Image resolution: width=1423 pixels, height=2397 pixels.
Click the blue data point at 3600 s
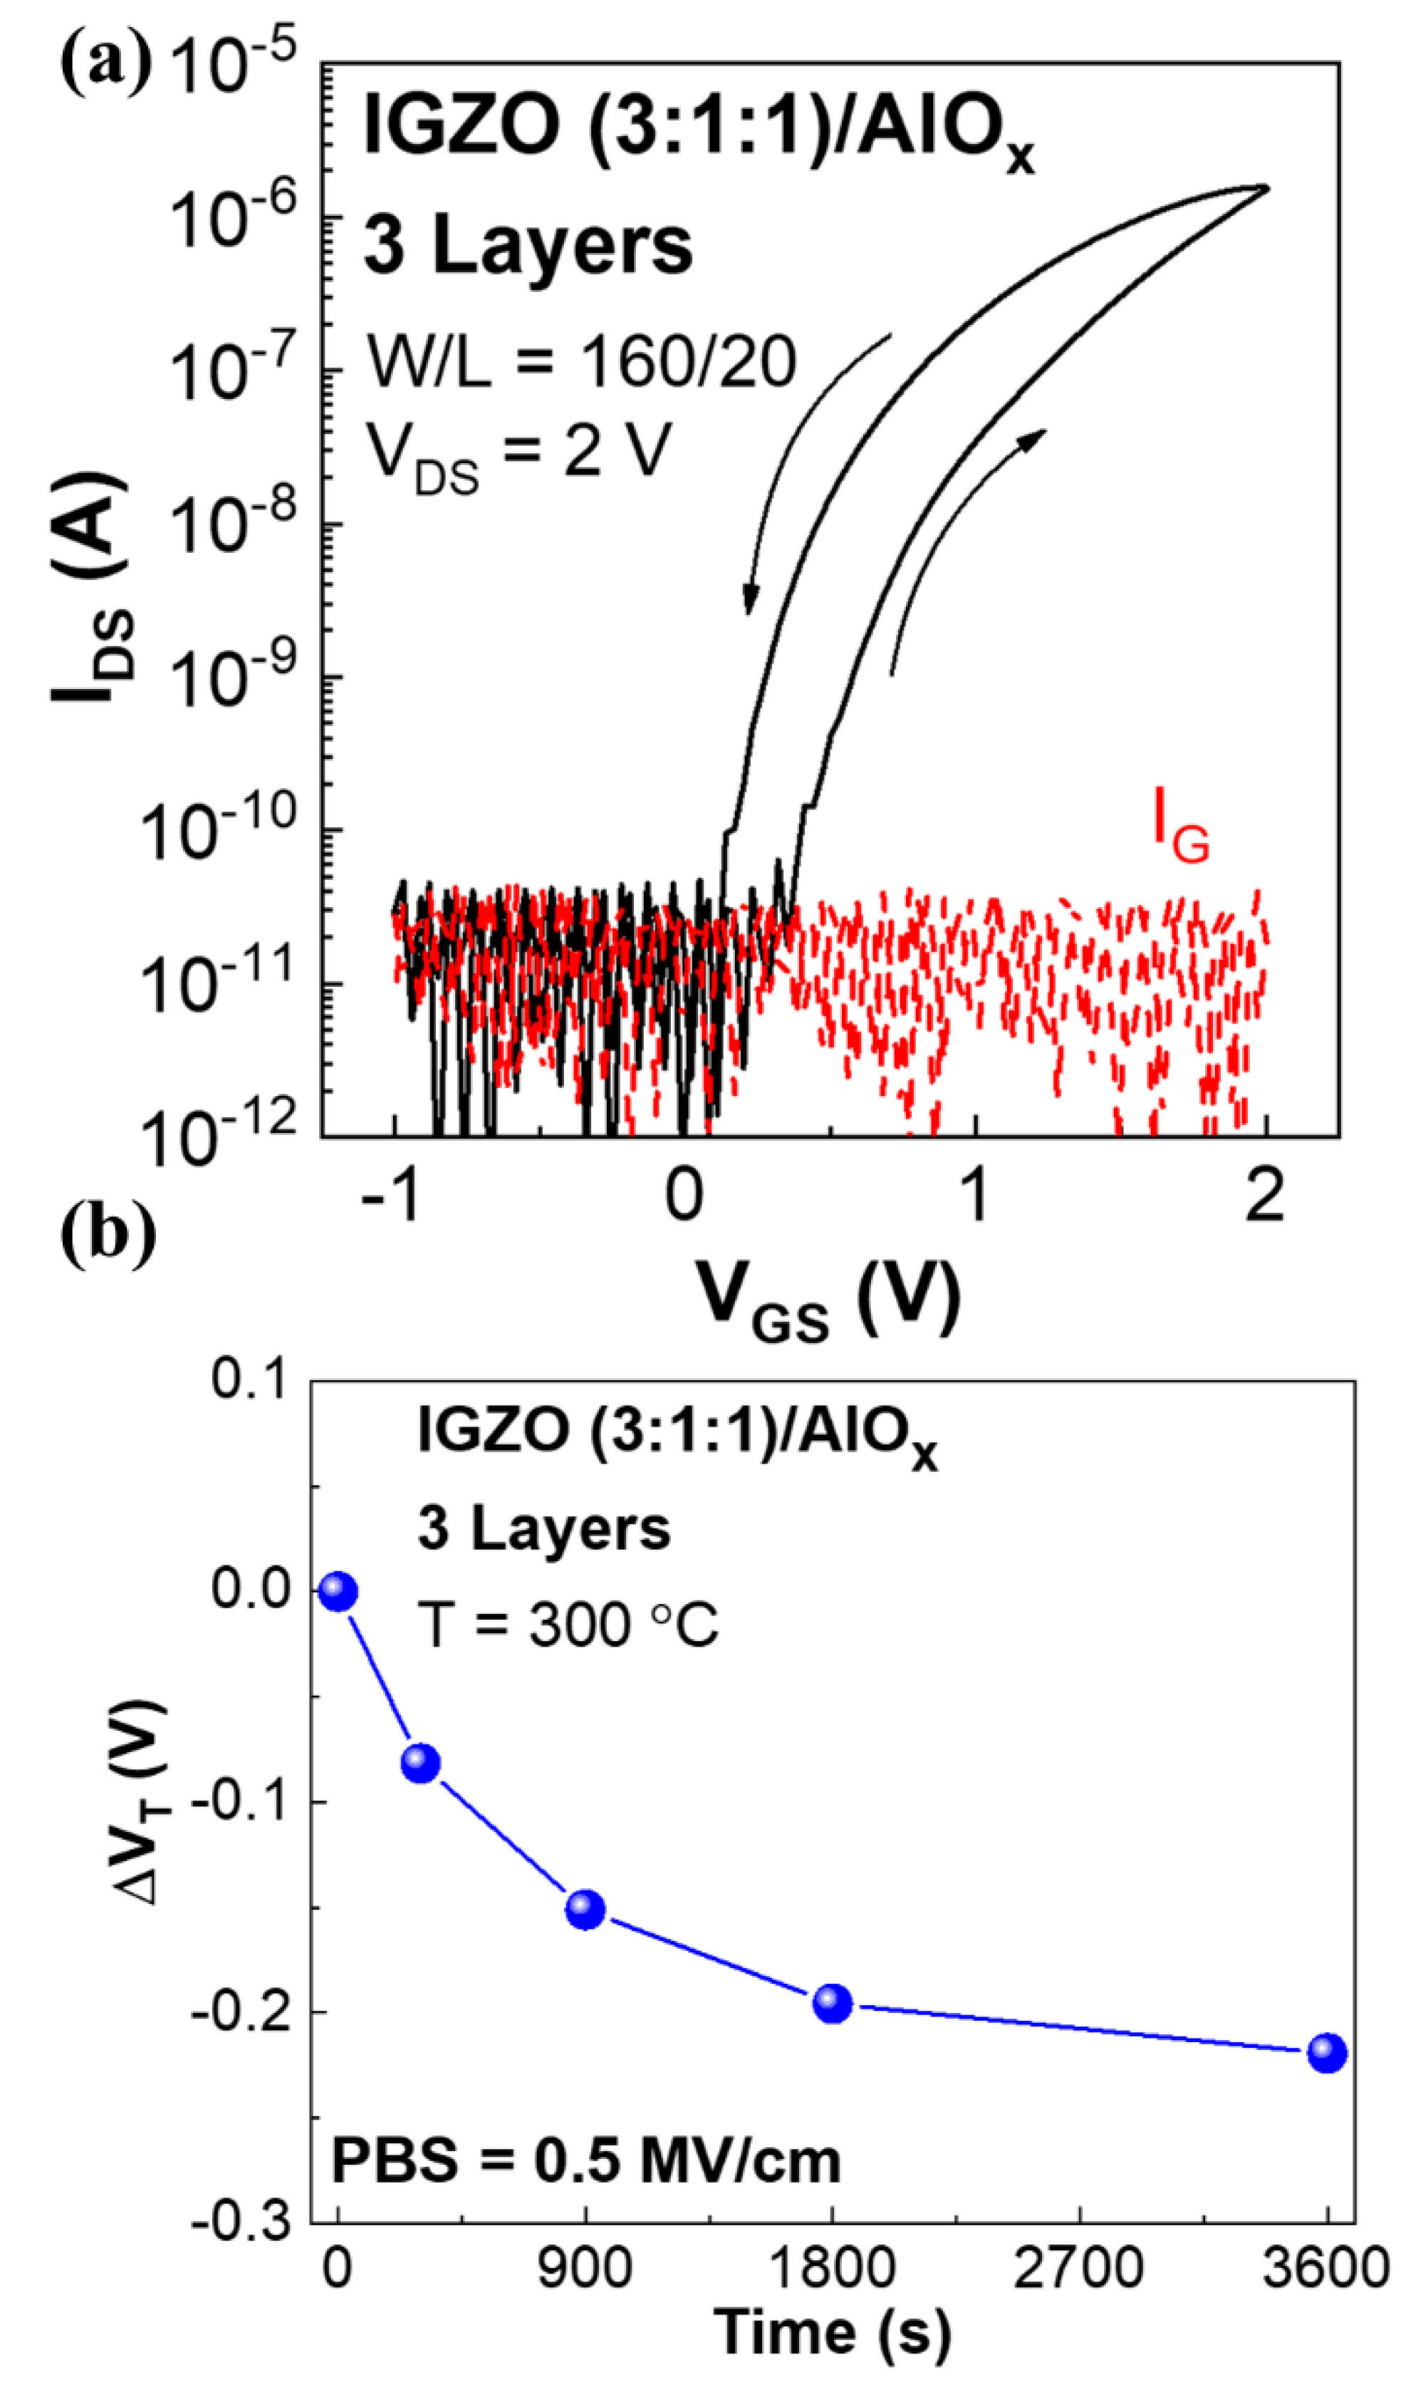point(1327,2053)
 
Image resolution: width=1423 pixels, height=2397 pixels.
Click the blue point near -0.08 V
point(421,1762)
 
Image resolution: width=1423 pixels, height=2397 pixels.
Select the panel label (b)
point(108,1236)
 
